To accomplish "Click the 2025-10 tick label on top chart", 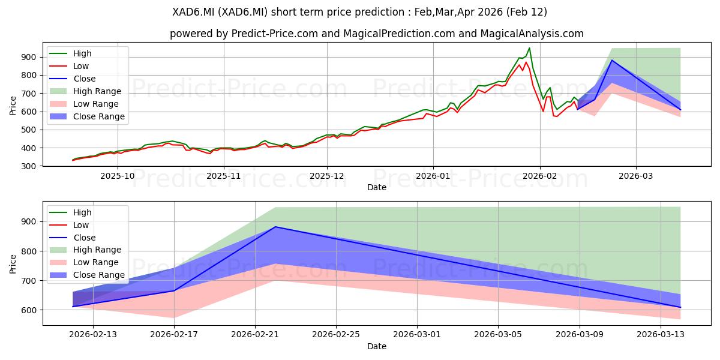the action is point(118,176).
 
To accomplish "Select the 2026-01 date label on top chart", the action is point(433,176).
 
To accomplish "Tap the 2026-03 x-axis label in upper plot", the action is point(636,176).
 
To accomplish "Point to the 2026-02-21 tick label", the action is point(255,335).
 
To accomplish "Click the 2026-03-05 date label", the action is point(498,335).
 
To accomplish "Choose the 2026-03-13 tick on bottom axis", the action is point(661,335).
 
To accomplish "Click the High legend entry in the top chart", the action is point(82,53).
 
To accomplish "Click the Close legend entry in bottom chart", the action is point(85,238).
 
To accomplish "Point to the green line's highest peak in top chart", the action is point(529,48).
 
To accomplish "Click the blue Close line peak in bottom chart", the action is point(275,227).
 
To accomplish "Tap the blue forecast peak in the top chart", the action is point(611,60).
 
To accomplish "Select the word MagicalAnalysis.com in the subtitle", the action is point(532,34).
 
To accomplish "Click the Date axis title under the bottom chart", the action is point(377,346).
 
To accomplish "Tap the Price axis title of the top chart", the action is point(13,106).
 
